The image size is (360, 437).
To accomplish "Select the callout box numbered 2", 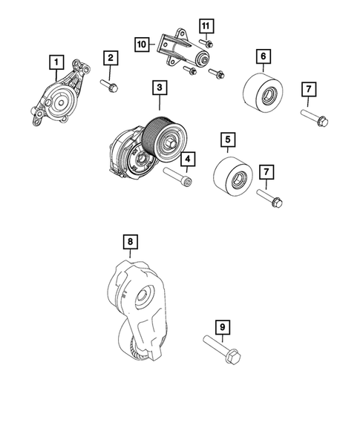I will tap(110, 58).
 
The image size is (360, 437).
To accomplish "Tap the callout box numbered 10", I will tap(142, 45).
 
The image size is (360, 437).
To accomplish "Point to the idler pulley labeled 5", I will tap(232, 178).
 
